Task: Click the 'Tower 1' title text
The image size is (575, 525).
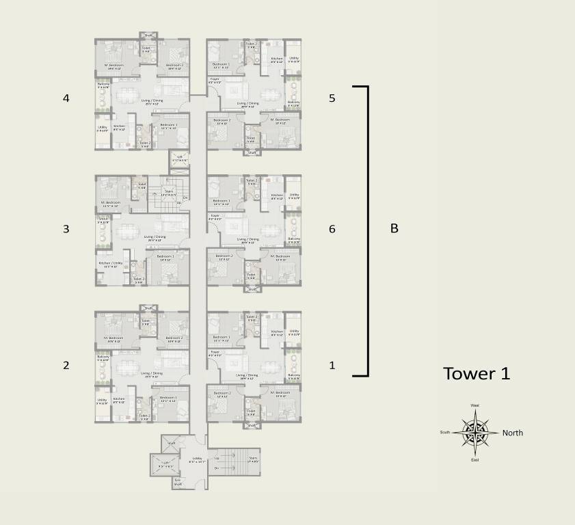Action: (x=477, y=374)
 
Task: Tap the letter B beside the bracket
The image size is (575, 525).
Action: (x=394, y=229)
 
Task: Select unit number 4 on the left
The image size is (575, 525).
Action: (x=66, y=98)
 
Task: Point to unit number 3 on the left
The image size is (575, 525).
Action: (x=66, y=229)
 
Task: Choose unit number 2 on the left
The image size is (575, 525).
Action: (x=66, y=365)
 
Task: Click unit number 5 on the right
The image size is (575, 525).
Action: (x=332, y=98)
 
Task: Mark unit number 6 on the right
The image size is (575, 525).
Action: (x=332, y=229)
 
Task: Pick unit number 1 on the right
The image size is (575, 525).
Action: (x=332, y=365)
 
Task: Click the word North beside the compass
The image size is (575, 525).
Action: (x=513, y=433)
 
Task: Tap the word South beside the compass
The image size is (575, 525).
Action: (x=445, y=432)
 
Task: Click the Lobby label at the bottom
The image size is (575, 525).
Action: (x=197, y=459)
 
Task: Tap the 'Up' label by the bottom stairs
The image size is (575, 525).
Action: (x=217, y=458)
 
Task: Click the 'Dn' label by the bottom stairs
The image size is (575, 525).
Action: (x=217, y=468)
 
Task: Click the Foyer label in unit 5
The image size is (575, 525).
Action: (x=215, y=81)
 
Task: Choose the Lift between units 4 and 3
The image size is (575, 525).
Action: (x=180, y=158)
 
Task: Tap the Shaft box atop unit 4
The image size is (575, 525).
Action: (x=148, y=35)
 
